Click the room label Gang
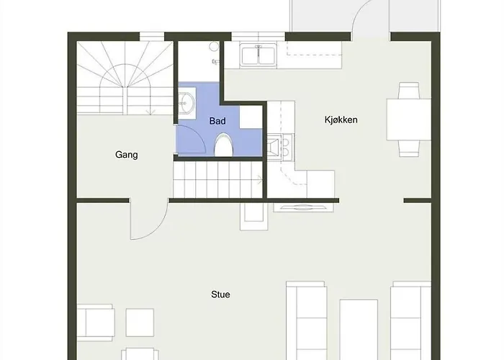[x=126, y=155]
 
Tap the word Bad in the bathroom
[x=217, y=121]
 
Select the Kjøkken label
[x=341, y=120]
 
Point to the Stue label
[x=220, y=294]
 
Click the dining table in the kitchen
[x=409, y=120]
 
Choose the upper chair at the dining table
[x=410, y=91]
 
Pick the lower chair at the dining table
[x=410, y=148]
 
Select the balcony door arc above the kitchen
[x=371, y=18]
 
